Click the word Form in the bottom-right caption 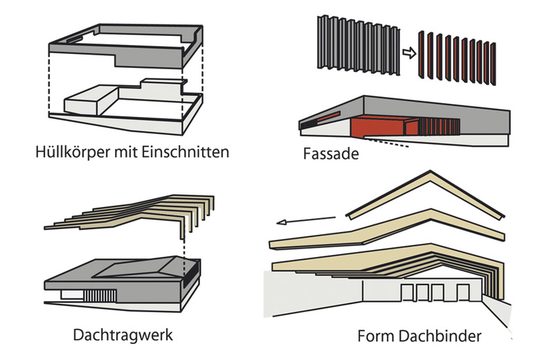(375, 337)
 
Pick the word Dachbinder (439, 337)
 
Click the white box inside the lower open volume (88, 105)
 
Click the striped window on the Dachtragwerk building (96, 294)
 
